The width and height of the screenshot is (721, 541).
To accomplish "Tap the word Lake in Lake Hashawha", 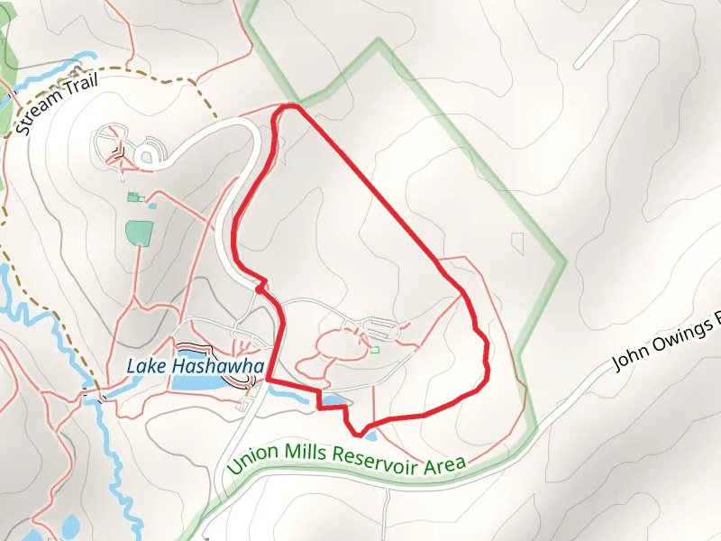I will [145, 366].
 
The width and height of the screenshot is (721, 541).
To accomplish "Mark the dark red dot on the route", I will [260, 290].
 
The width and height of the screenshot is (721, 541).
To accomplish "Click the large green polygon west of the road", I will [139, 232].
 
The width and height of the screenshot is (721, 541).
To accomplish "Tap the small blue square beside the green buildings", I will [151, 206].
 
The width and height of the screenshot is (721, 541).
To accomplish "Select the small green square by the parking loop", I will [375, 350].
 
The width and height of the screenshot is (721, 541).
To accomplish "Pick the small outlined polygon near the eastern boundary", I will [518, 243].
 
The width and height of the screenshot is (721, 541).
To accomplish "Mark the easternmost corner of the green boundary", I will [565, 261].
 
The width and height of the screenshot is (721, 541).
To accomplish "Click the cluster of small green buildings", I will [134, 197].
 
